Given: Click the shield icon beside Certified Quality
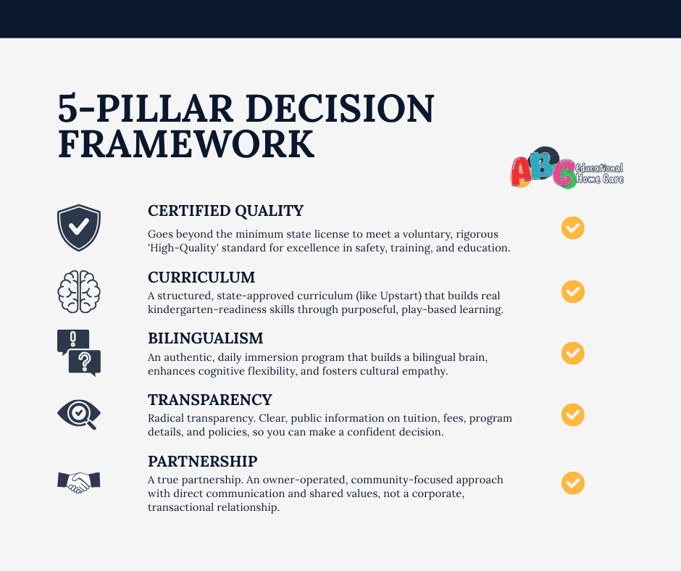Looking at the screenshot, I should (x=79, y=228).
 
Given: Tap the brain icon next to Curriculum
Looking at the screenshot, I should (x=79, y=291).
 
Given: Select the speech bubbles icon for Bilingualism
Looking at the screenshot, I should (x=79, y=353).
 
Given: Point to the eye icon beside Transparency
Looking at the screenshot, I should (x=78, y=414).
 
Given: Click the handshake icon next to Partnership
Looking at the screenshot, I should (x=79, y=481).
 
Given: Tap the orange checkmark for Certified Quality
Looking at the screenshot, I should (x=572, y=228).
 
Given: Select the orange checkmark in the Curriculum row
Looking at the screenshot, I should (x=572, y=291).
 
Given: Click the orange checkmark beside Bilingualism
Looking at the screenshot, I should (x=572, y=353).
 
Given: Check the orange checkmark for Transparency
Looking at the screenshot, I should (x=572, y=414).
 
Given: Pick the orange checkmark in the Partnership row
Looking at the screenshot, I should (x=572, y=483).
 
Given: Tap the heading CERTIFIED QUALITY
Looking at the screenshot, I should (x=225, y=211).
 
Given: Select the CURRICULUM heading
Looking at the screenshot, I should (x=201, y=278).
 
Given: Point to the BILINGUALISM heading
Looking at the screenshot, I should (x=205, y=338).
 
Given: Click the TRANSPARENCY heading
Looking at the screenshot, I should (x=210, y=400).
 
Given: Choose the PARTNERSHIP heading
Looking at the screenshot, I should (x=203, y=462).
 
